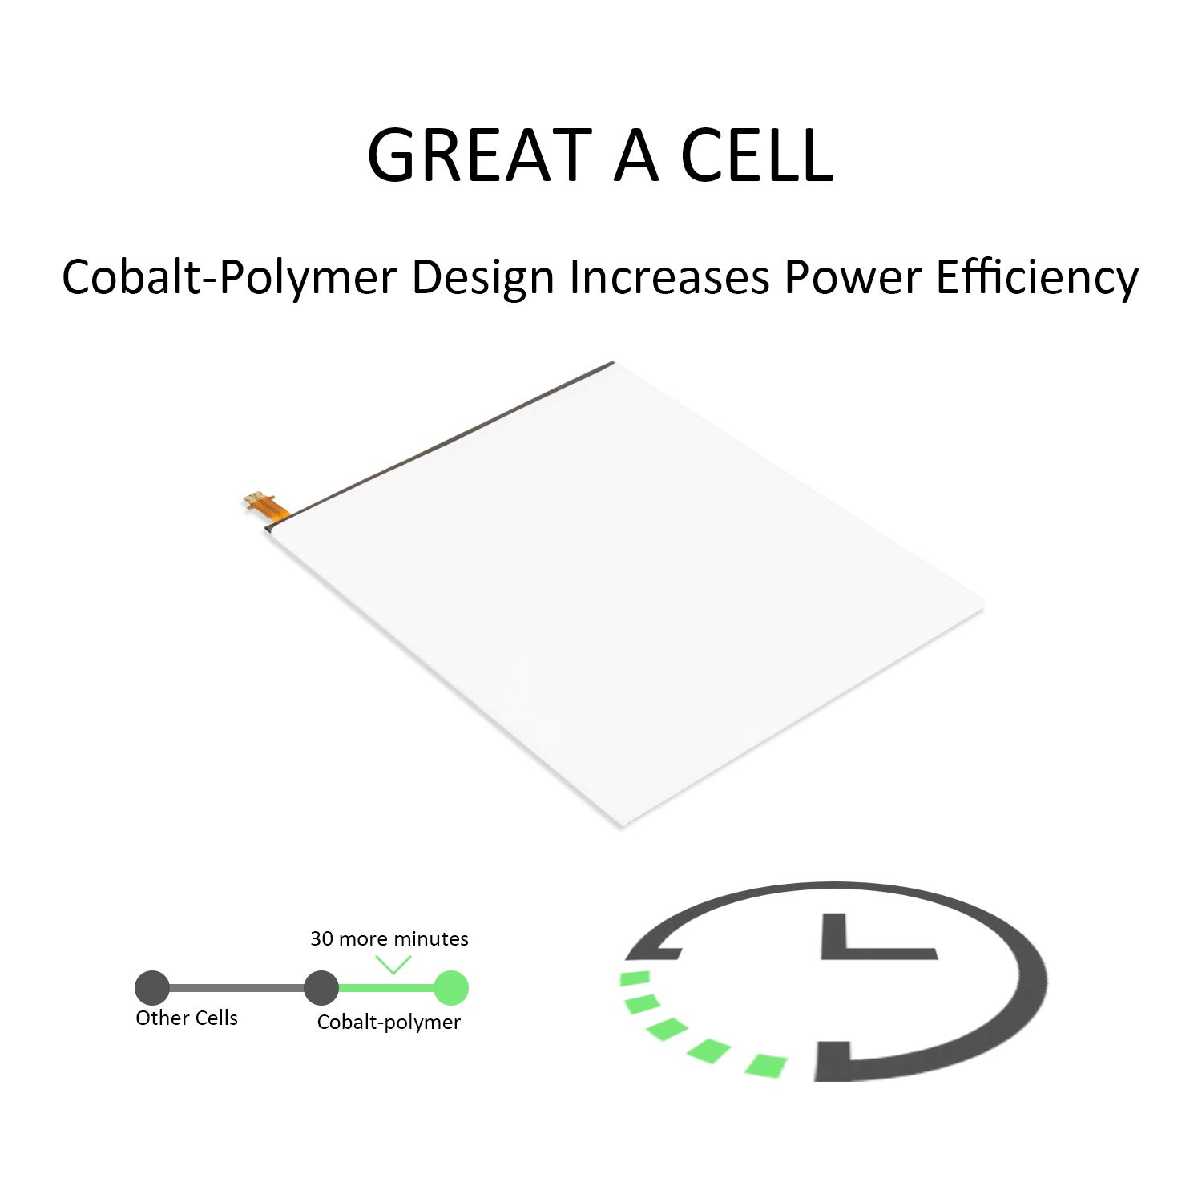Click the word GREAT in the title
tap(479, 155)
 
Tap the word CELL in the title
tap(757, 155)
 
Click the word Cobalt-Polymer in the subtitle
tap(229, 278)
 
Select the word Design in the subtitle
tap(483, 278)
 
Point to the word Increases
tap(669, 277)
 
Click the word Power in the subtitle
tap(853, 278)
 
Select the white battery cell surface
tap(625, 593)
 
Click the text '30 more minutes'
tap(389, 938)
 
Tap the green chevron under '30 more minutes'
tap(393, 965)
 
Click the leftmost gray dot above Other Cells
tap(152, 988)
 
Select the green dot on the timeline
tap(451, 988)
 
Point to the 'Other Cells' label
tap(187, 1018)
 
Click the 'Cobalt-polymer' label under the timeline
tap(389, 1023)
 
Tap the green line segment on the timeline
tap(386, 988)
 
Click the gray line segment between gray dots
tap(237, 988)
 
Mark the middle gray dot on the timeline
tap(321, 988)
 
